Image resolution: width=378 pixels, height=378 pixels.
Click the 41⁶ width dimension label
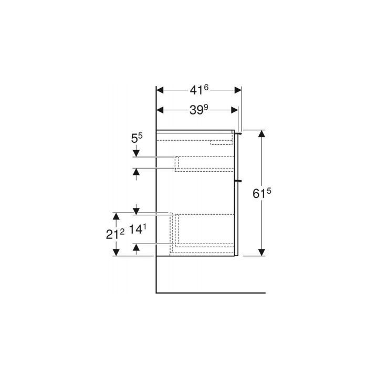pyautogui.click(x=199, y=90)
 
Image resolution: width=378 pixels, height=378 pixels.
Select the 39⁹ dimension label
pyautogui.click(x=198, y=110)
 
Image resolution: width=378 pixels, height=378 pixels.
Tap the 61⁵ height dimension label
pyautogui.click(x=262, y=193)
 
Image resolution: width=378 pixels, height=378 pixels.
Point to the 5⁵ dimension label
pyautogui.click(x=136, y=138)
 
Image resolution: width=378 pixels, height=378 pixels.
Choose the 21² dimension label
pyautogui.click(x=115, y=234)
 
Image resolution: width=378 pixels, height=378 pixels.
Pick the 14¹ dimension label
pyautogui.click(x=138, y=229)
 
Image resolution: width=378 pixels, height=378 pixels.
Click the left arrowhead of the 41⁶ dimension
pyautogui.click(x=160, y=90)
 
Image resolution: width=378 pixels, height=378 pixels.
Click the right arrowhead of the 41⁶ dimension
pyautogui.click(x=238, y=90)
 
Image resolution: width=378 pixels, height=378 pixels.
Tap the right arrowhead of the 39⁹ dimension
pyautogui.click(x=235, y=110)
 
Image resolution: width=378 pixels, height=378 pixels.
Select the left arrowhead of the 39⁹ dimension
pyautogui.click(x=160, y=110)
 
